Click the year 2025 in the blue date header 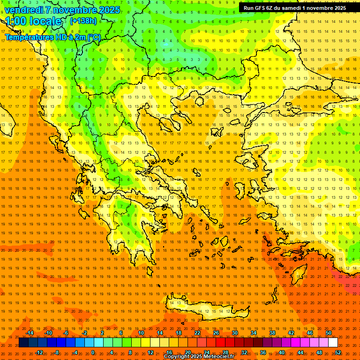tap(109, 10)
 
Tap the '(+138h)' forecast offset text tap(83, 21)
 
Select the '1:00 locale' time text tap(33, 21)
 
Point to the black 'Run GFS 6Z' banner tap(295, 8)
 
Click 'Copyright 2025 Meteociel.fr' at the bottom tap(199, 357)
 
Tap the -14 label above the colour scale tap(30, 333)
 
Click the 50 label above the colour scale tap(329, 333)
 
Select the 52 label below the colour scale tap(338, 352)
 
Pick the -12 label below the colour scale tap(39, 352)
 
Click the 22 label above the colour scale tap(197, 333)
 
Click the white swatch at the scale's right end tap(333, 343)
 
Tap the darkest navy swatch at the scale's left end tap(23, 343)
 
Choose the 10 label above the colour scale tap(141, 333)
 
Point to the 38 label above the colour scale tap(272, 333)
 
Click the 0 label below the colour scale tap(93, 352)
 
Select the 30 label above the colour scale tap(235, 333)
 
